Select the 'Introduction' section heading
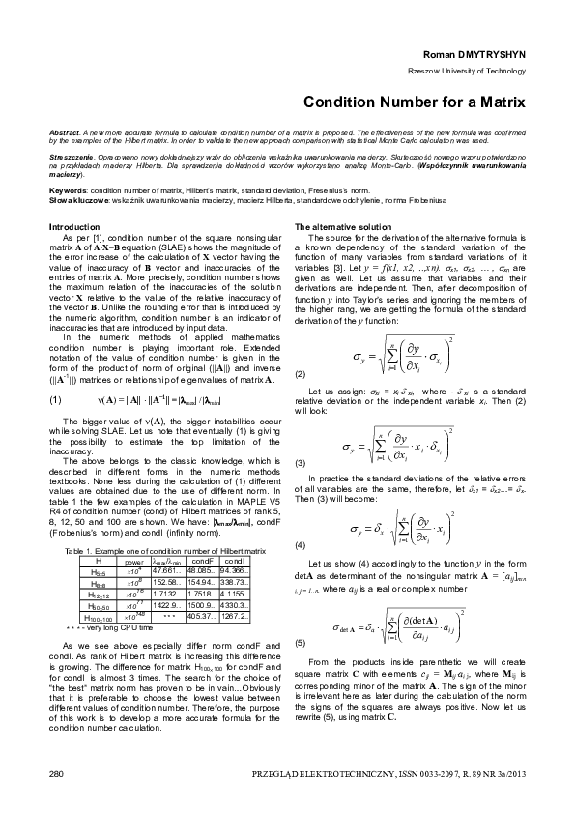coord(73,226)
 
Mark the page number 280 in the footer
coord(55,775)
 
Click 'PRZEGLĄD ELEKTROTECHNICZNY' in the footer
coord(310,775)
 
